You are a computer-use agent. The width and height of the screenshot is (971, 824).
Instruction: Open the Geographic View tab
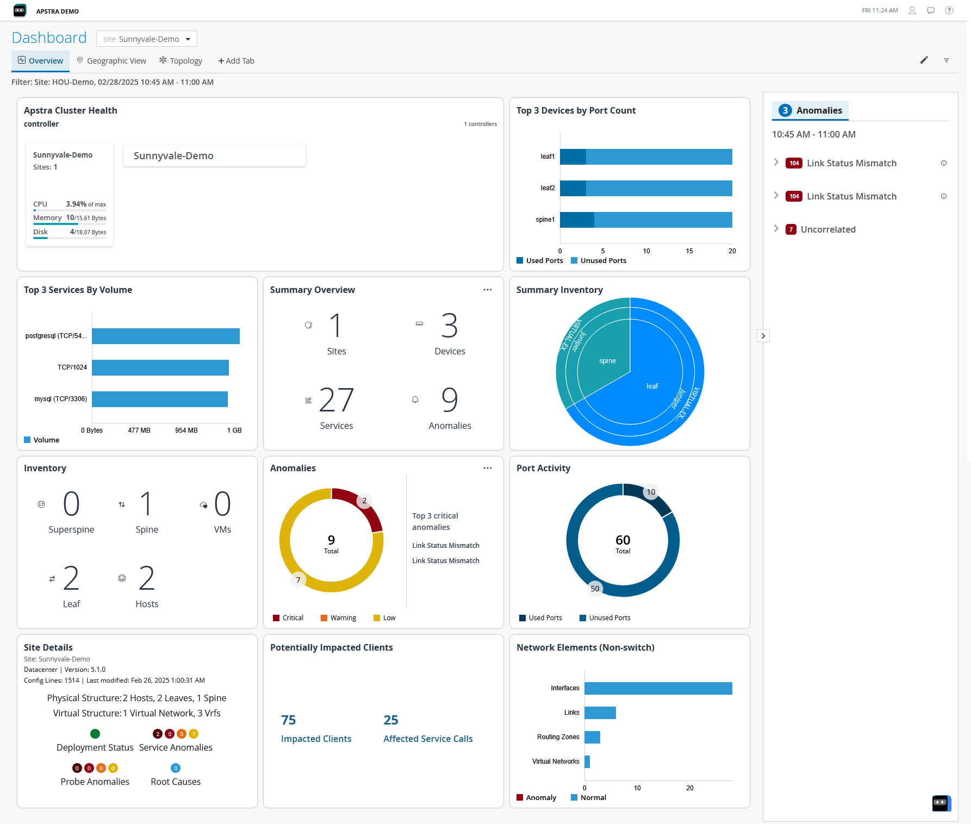[111, 61]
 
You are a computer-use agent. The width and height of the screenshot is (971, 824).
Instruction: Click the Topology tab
[180, 61]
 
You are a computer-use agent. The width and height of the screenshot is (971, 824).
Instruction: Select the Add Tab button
[236, 61]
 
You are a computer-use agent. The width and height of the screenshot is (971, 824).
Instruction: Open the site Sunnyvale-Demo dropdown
[147, 39]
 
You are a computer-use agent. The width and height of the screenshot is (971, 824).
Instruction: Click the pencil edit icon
[924, 60]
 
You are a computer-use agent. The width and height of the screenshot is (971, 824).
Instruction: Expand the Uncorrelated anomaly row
[776, 229]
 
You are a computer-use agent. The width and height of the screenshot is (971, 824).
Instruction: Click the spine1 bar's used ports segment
[577, 220]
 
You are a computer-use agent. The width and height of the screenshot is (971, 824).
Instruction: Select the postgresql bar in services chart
[165, 336]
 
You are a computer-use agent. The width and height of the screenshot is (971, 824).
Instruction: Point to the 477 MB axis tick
[139, 430]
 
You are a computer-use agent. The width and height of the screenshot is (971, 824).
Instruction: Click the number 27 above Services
[336, 401]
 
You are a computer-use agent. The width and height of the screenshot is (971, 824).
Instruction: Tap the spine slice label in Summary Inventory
[607, 361]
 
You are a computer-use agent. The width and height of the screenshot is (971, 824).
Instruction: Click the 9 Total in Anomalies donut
[331, 543]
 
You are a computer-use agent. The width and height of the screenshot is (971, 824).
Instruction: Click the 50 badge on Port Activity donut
[595, 589]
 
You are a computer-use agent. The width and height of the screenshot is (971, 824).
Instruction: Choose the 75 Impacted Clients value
[289, 720]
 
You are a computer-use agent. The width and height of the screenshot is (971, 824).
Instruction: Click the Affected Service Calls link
[428, 739]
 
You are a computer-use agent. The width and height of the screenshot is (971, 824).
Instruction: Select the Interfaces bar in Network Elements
[658, 688]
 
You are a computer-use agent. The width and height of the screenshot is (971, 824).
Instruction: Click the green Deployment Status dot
[95, 734]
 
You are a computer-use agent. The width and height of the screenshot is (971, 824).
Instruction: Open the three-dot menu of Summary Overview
[488, 290]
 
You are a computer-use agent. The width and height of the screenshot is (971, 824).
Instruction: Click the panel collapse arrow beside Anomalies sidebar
[763, 336]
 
